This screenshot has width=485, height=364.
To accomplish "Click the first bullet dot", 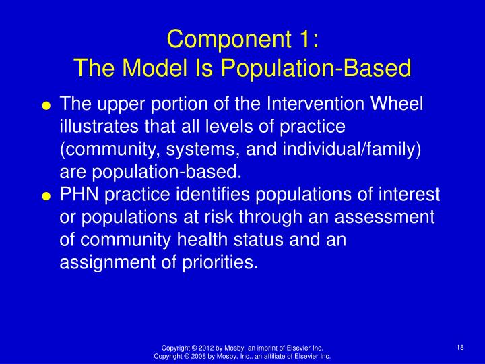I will tap(46, 106).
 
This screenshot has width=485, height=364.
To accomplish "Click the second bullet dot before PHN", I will tap(46, 196).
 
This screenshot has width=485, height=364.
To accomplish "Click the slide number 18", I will tap(461, 346).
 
